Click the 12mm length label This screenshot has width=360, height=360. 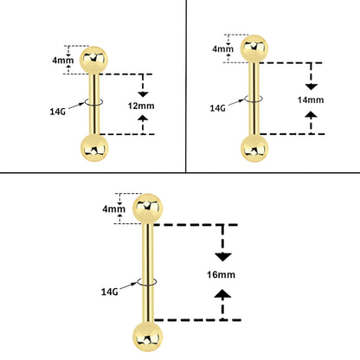click(141, 106)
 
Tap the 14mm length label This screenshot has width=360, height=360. click(311, 100)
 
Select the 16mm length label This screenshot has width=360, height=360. click(221, 274)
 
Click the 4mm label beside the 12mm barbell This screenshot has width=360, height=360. click(63, 61)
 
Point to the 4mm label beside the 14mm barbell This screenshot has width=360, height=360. click(223, 48)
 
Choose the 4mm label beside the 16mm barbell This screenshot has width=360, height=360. click(114, 209)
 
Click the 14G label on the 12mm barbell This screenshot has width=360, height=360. click(58, 112)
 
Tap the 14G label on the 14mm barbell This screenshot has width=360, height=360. click(217, 108)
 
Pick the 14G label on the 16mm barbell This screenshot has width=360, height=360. click(110, 292)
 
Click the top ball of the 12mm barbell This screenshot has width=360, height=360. click(93, 61)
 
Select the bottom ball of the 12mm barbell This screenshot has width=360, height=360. click(94, 148)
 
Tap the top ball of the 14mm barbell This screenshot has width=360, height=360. click(254, 48)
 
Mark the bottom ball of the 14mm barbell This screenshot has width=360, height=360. click(254, 148)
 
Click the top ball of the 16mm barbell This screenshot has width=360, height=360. click(148, 209)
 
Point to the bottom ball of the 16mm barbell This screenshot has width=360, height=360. click(148, 337)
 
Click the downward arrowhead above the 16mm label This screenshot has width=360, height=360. click(222, 257)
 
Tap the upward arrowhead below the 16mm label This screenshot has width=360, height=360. click(222, 293)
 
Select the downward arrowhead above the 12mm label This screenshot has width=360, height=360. click(143, 94)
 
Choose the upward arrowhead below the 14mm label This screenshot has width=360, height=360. click(311, 114)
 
